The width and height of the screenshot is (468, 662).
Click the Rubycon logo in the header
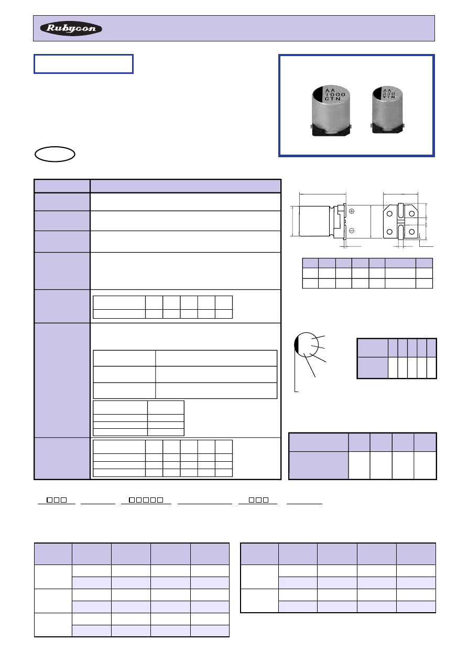(71, 28)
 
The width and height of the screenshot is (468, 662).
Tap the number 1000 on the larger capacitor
(335, 94)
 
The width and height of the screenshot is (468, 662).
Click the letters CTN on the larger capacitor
(332, 99)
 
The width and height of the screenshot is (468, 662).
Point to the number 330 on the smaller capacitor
(389, 93)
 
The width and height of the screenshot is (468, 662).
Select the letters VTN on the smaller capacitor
(389, 96)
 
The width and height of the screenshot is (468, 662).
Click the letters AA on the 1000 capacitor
(330, 90)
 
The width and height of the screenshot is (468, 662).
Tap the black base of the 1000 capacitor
(331, 131)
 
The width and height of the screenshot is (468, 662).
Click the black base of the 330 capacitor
(387, 128)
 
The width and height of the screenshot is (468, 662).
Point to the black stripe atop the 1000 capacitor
(318, 95)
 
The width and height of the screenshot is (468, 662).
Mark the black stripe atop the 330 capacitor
(376, 93)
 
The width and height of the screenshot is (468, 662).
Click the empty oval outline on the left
(55, 154)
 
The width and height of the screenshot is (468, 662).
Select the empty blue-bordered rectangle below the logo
(84, 64)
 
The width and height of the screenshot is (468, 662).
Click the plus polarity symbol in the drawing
(352, 211)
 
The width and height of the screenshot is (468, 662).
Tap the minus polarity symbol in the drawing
(352, 231)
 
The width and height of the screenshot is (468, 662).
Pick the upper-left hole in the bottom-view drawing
(389, 213)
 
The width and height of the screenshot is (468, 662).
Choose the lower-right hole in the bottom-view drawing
(411, 232)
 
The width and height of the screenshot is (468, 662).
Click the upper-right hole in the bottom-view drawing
(411, 213)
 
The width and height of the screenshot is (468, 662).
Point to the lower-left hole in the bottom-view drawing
(389, 232)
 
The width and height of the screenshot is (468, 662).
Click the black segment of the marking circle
(296, 345)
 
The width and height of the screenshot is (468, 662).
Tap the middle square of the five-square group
(146, 500)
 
